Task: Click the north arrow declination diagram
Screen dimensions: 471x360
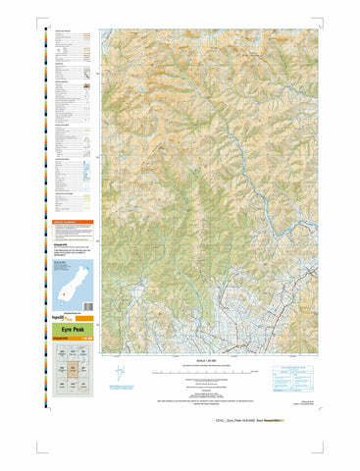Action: (x=120, y=375)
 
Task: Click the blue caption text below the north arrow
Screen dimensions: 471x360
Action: (x=120, y=392)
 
